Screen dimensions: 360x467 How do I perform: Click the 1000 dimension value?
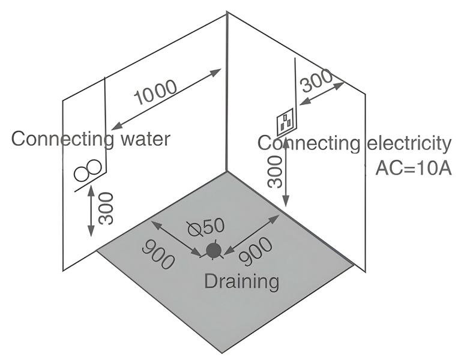[155, 92]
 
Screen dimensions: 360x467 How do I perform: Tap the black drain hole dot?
[212, 250]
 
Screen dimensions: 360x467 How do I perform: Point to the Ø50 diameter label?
[205, 226]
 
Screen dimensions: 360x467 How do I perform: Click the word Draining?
[241, 280]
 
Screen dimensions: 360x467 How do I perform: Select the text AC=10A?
[413, 169]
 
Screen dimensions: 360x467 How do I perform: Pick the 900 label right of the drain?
[256, 251]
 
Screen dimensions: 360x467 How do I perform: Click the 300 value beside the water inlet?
[106, 208]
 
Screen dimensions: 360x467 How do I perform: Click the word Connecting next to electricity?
[309, 144]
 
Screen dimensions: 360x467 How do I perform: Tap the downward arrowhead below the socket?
[286, 203]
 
